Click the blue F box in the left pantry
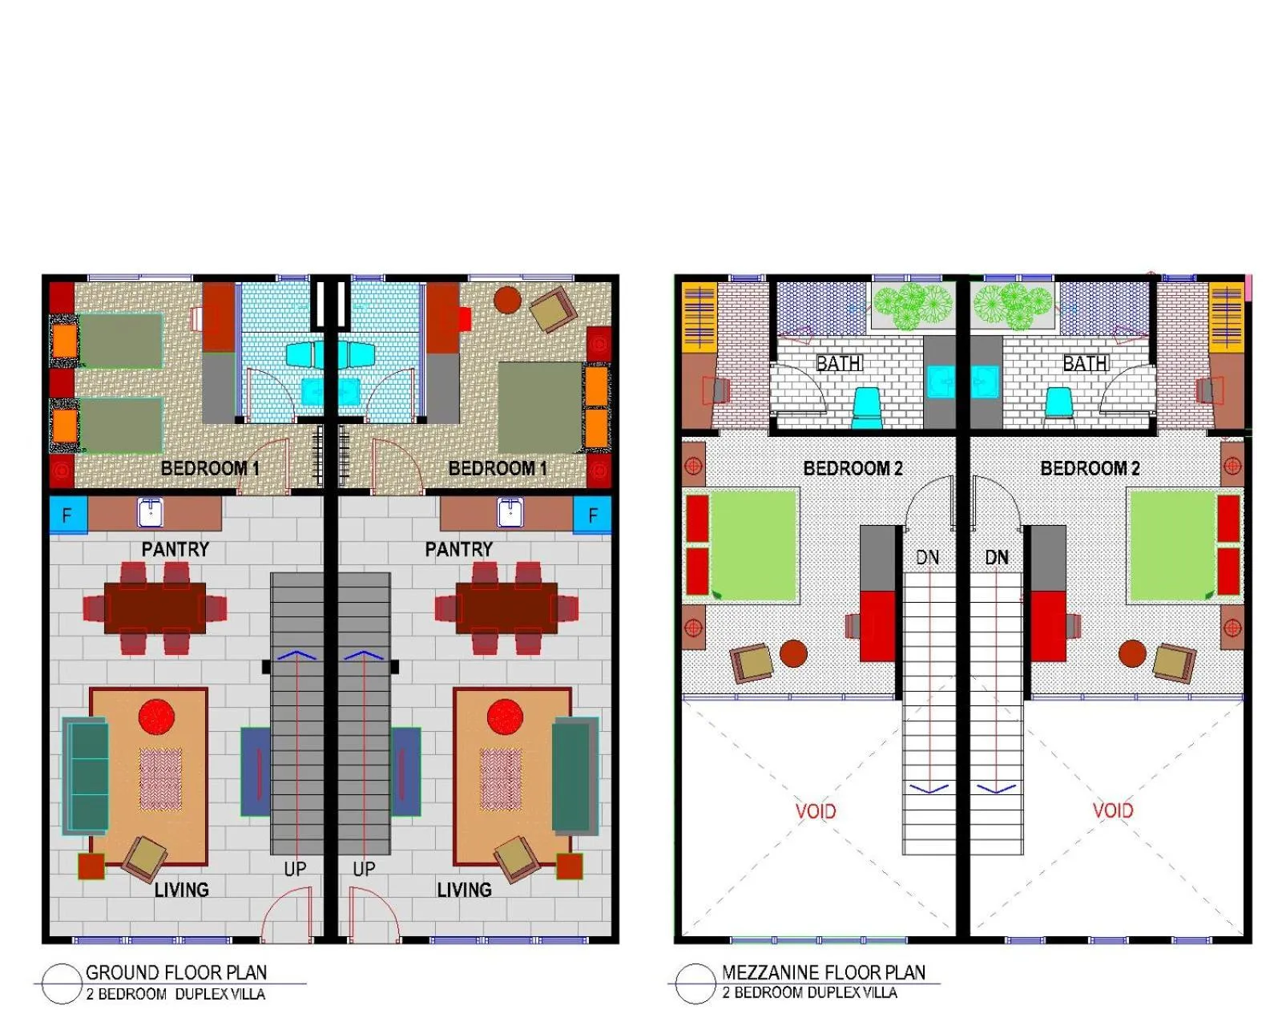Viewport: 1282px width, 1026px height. pos(67,515)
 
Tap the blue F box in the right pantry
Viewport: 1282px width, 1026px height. pos(592,515)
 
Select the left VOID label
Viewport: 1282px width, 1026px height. pos(816,811)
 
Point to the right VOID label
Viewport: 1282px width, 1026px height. pos(1113,810)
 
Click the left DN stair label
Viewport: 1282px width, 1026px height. pos(927,557)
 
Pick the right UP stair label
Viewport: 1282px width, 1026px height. pos(364,869)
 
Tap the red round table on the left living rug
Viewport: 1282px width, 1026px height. pos(156,717)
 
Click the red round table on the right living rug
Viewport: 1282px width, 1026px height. pos(505,717)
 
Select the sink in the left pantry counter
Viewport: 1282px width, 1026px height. pos(150,512)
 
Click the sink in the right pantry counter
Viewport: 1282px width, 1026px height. pos(510,512)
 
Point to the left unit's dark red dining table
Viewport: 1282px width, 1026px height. pos(155,608)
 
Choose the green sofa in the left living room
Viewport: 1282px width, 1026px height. pos(87,775)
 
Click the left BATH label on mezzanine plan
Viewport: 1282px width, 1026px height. pos(839,364)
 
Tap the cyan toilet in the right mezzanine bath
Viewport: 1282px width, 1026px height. pos(1058,401)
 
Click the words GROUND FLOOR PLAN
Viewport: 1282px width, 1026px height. pos(176,972)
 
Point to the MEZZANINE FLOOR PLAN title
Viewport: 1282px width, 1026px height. pos(823,972)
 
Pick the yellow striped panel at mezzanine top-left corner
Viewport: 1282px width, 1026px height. pos(699,317)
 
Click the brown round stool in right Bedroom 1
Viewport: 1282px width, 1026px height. pos(507,301)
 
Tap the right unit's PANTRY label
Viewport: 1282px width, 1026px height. pos(458,549)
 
